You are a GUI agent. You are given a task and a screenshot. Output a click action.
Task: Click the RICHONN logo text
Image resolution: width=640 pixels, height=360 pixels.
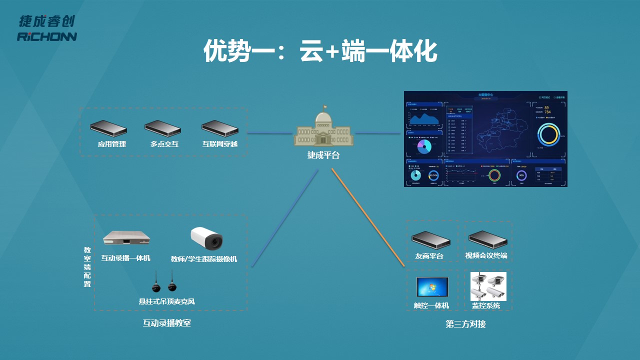[x=47, y=37]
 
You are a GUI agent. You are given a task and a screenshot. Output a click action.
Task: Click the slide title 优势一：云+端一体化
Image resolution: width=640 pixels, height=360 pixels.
[x=320, y=51]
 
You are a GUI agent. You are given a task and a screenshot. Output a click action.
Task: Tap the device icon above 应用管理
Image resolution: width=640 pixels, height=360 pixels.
[x=108, y=128]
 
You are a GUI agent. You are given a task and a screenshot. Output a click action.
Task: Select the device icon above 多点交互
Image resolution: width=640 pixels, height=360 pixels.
[x=162, y=128]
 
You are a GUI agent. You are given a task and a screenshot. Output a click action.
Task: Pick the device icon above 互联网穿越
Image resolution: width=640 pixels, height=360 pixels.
[x=220, y=128]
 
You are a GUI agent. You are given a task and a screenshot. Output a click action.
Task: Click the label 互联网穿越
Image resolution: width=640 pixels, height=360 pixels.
[x=220, y=144]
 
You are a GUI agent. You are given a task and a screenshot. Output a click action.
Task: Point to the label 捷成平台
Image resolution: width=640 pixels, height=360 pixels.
[x=323, y=155]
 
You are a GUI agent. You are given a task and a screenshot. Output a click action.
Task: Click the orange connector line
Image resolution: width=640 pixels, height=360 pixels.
[x=367, y=217]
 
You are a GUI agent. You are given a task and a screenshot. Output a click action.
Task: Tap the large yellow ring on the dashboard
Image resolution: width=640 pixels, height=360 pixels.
[x=548, y=134]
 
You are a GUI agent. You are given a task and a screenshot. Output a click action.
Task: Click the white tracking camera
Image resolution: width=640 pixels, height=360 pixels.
[x=206, y=238]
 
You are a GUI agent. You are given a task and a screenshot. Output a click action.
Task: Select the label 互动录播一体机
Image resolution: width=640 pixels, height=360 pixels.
[x=125, y=258]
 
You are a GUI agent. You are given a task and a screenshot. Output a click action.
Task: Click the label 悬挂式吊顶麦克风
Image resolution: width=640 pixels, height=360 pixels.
[x=166, y=301]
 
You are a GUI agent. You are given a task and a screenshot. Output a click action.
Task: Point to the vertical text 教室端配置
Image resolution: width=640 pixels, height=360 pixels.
[x=87, y=266]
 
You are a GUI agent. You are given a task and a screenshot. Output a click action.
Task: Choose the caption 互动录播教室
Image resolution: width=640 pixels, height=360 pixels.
[x=166, y=323]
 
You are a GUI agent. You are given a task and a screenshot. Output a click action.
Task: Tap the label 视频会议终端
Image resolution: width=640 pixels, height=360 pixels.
[x=486, y=256]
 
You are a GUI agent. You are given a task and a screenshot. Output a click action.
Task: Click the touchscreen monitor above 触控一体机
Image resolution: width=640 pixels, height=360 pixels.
[x=432, y=287]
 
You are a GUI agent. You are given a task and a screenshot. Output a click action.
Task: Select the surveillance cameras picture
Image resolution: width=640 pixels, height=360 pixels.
[x=488, y=286]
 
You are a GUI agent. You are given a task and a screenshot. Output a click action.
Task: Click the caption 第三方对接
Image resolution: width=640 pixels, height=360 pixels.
[x=465, y=324]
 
